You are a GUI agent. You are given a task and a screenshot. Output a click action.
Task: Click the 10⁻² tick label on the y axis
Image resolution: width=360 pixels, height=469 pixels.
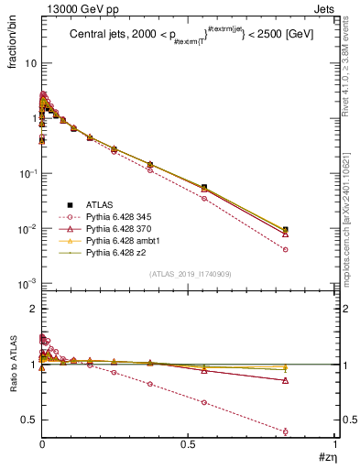26,228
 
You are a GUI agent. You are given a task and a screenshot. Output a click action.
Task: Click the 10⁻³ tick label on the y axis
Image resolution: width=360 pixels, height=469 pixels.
26,283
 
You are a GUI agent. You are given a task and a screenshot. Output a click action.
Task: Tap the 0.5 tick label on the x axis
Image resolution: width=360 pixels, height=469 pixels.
189,443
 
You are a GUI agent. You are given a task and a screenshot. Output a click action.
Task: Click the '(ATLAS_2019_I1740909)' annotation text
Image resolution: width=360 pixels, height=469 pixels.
189,274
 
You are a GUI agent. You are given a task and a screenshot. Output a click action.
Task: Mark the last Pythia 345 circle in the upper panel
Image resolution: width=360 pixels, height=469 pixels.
311,249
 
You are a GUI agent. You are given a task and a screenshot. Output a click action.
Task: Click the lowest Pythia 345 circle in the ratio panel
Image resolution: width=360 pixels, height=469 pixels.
311,431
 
